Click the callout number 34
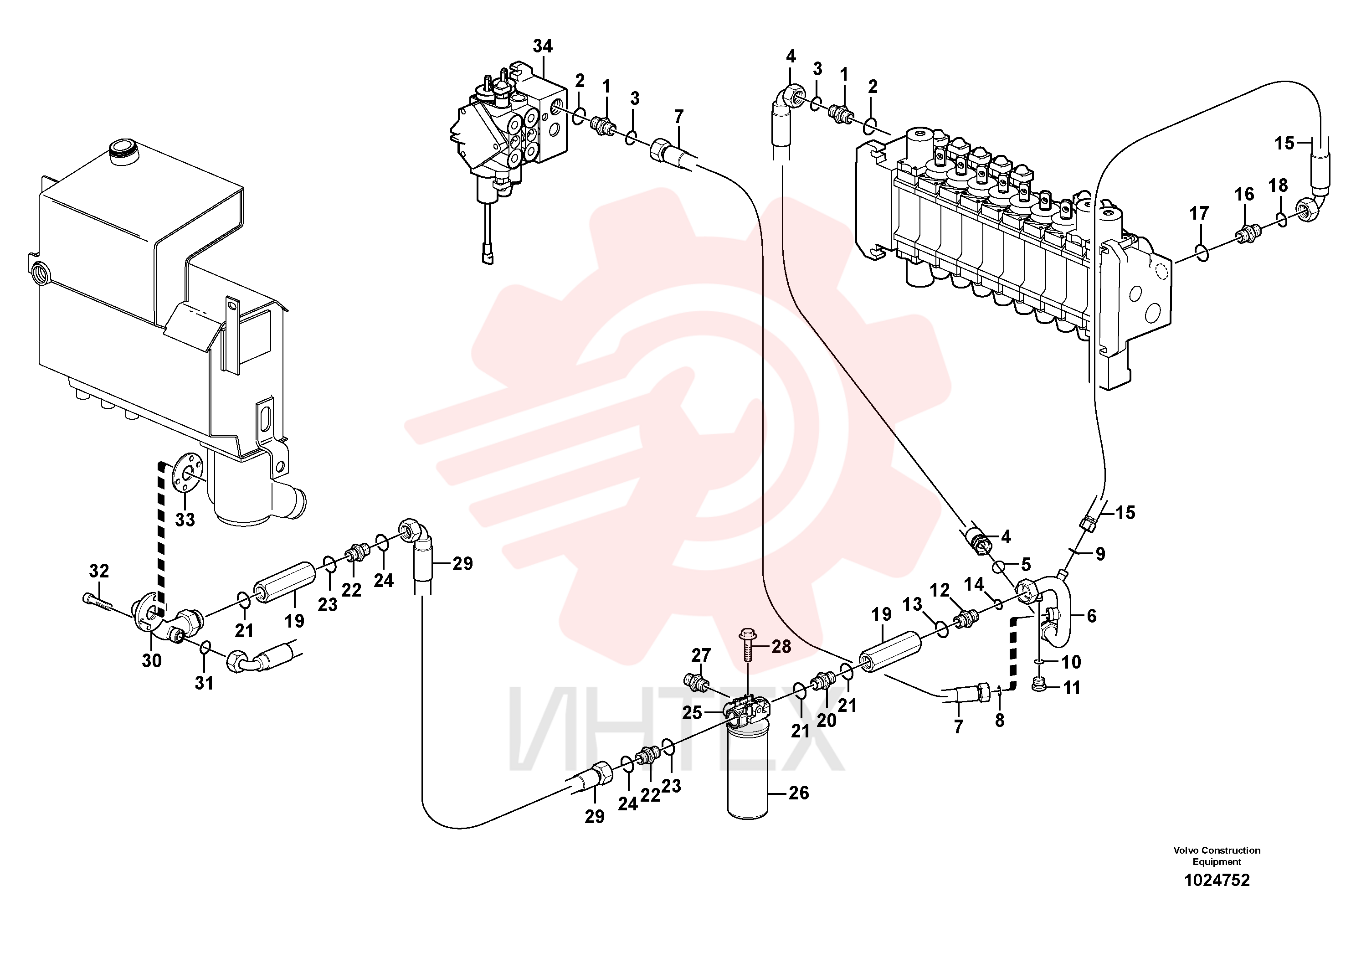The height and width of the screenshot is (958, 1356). (x=542, y=46)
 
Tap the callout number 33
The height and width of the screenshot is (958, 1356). (x=185, y=520)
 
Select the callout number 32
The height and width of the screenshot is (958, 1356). (x=99, y=571)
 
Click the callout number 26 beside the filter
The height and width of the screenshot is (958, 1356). (x=798, y=793)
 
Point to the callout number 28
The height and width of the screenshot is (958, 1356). (x=781, y=647)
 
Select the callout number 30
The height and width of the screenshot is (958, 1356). (x=152, y=661)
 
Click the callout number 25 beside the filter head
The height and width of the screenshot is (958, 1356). (x=692, y=713)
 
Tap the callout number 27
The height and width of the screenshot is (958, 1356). (x=701, y=655)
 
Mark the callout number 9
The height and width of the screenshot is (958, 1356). (x=1099, y=554)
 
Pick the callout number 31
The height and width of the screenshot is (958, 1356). (x=204, y=683)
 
